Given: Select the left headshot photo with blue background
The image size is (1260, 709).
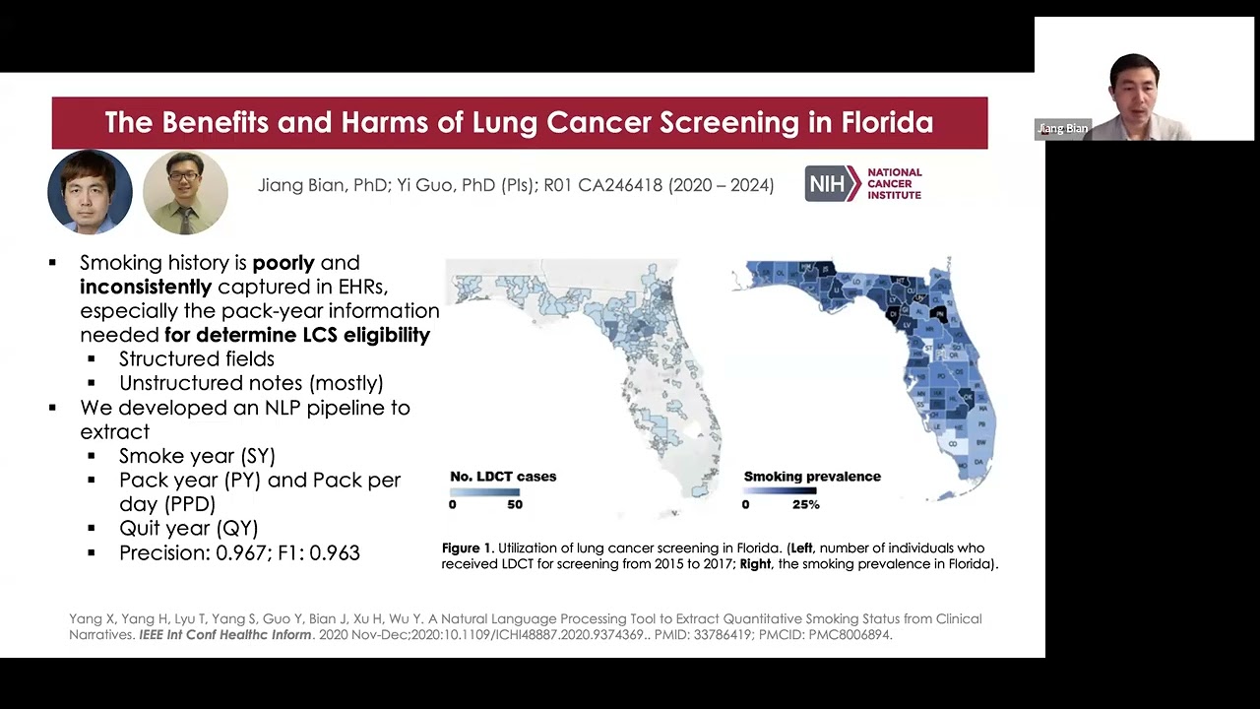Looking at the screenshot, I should tap(90, 192).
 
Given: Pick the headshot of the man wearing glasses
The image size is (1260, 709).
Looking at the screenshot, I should tap(185, 192).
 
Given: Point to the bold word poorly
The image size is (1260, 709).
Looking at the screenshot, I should tap(283, 263).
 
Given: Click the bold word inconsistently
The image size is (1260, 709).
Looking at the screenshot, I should tap(146, 287).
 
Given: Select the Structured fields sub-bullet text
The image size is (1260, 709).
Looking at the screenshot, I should tap(197, 359).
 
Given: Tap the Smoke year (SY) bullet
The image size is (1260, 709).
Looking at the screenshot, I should tap(197, 456).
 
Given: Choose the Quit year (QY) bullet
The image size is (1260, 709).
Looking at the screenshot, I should tap(188, 529).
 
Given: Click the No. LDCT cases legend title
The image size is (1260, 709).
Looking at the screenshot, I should tap(503, 477).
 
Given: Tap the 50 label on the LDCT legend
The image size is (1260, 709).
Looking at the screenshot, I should tap(515, 504).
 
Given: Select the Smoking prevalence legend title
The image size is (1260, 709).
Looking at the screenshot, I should tap(812, 477).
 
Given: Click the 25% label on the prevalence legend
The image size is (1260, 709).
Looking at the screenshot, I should tap(805, 504).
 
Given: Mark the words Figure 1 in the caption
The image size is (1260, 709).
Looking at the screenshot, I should tap(467, 548).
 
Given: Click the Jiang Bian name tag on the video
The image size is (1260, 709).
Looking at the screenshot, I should tap(1063, 129).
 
